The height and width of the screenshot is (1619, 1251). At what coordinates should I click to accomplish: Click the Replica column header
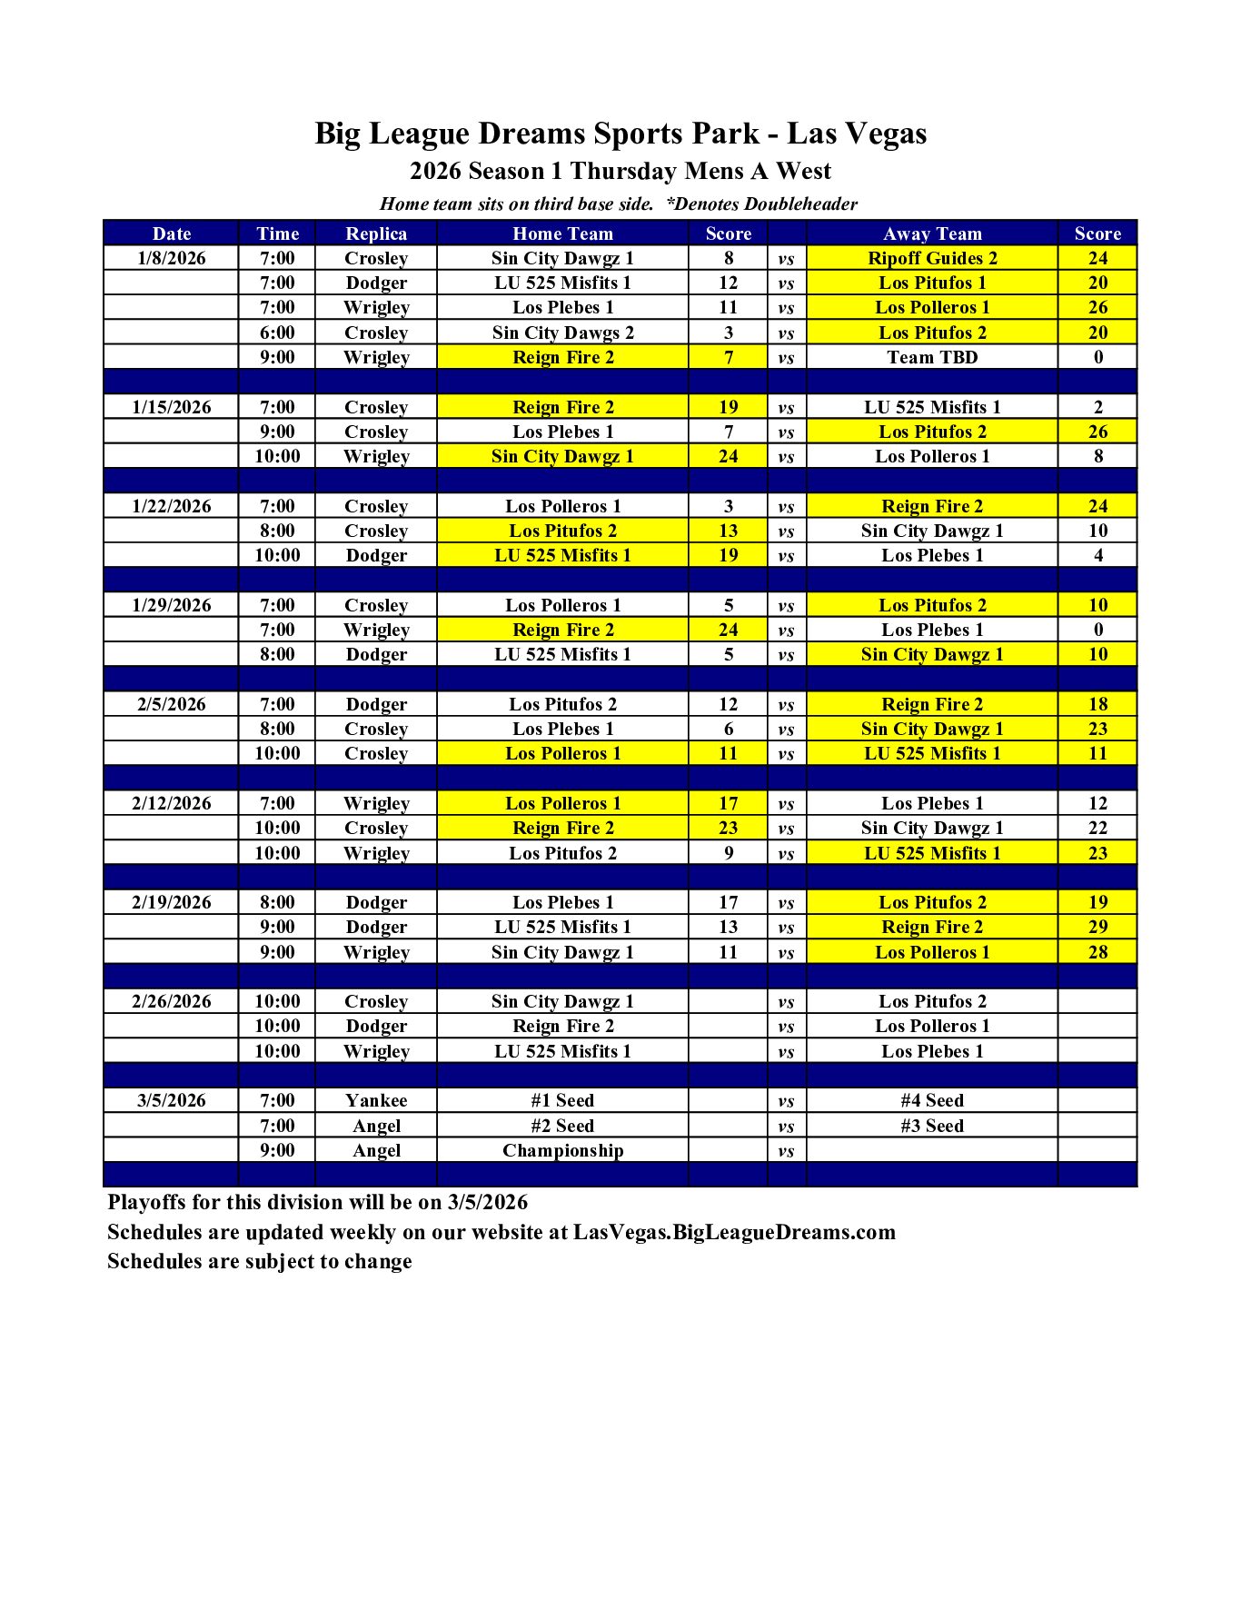tap(376, 233)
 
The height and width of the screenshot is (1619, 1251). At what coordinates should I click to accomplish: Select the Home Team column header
tap(562, 233)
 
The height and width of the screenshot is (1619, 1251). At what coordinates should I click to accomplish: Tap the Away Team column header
tap(932, 233)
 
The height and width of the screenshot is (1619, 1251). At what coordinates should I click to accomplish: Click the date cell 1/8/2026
tap(172, 258)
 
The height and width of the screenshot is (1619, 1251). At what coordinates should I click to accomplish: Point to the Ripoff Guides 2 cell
tap(932, 258)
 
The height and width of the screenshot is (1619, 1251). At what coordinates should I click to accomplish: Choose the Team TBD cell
tap(932, 357)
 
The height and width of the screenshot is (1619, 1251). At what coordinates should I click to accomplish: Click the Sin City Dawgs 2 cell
tap(562, 333)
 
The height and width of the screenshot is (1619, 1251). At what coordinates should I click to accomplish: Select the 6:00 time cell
tap(277, 333)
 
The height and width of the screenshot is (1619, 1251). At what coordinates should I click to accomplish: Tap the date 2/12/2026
tap(172, 803)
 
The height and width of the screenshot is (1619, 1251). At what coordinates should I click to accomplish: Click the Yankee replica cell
tap(376, 1100)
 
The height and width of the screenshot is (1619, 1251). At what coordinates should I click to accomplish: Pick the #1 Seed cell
tap(562, 1100)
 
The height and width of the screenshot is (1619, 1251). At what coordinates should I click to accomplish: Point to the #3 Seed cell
tap(932, 1126)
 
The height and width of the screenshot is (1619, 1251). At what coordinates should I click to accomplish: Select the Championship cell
tap(562, 1150)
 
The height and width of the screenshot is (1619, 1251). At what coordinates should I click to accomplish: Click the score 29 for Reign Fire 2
tap(1097, 927)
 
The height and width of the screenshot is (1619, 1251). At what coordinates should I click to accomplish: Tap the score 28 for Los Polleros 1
tap(1097, 952)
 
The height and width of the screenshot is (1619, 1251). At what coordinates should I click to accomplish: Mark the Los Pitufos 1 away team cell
tap(932, 283)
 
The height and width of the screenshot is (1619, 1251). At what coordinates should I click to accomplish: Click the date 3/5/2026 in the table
tap(172, 1100)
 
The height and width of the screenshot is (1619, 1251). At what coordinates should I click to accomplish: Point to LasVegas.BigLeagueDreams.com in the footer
tap(734, 1232)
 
